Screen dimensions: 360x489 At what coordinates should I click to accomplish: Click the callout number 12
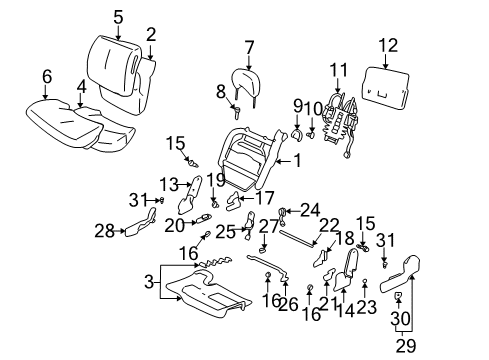click(x=388, y=44)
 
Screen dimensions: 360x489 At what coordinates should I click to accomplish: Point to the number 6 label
click(x=46, y=75)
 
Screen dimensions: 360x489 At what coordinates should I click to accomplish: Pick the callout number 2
click(x=151, y=36)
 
